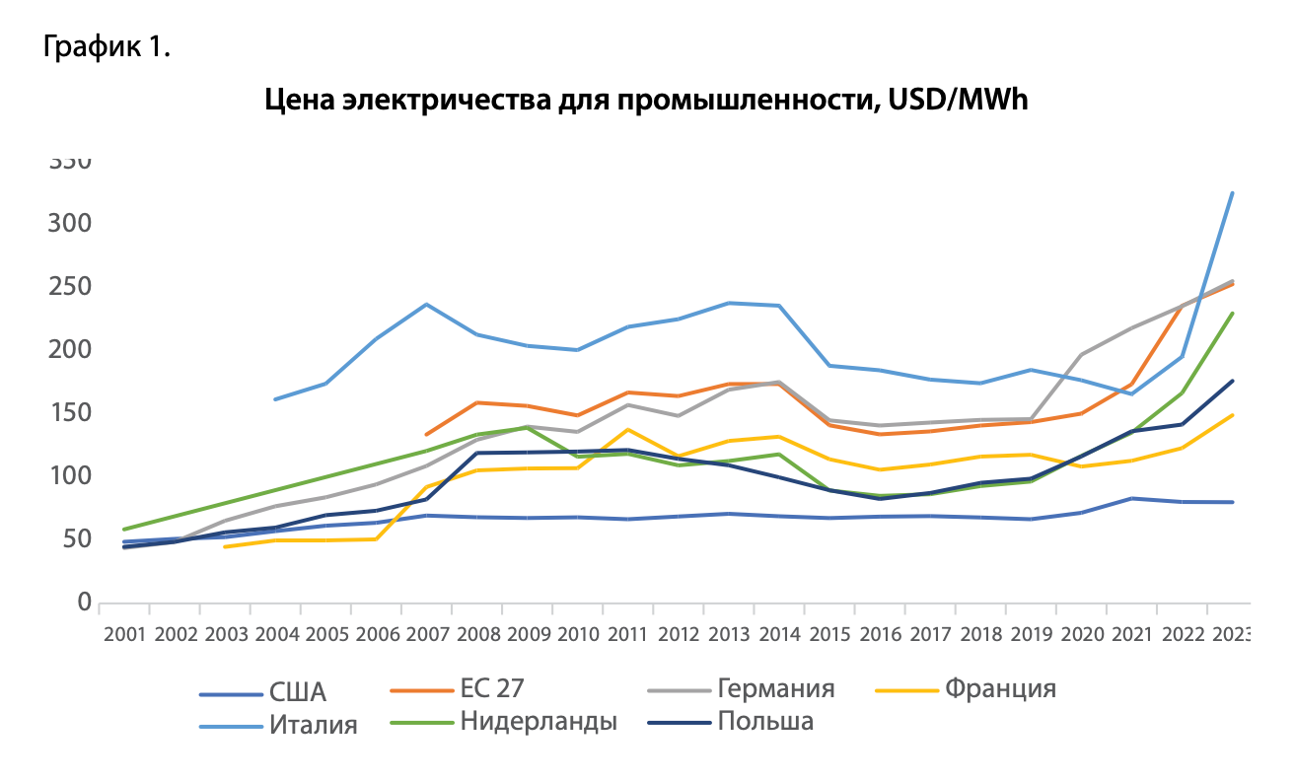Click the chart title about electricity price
point(646,100)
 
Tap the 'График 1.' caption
point(108,47)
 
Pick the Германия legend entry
point(776,688)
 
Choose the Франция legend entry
point(1000,688)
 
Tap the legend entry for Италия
point(313,726)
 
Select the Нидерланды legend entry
point(538,721)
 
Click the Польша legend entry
point(765,721)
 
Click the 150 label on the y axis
point(70,413)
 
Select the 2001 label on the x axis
point(124,634)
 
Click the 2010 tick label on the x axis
point(579,634)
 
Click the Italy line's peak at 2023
point(1233,193)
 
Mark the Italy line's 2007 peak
point(427,304)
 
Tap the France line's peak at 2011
point(628,429)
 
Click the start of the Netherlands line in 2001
point(124,530)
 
